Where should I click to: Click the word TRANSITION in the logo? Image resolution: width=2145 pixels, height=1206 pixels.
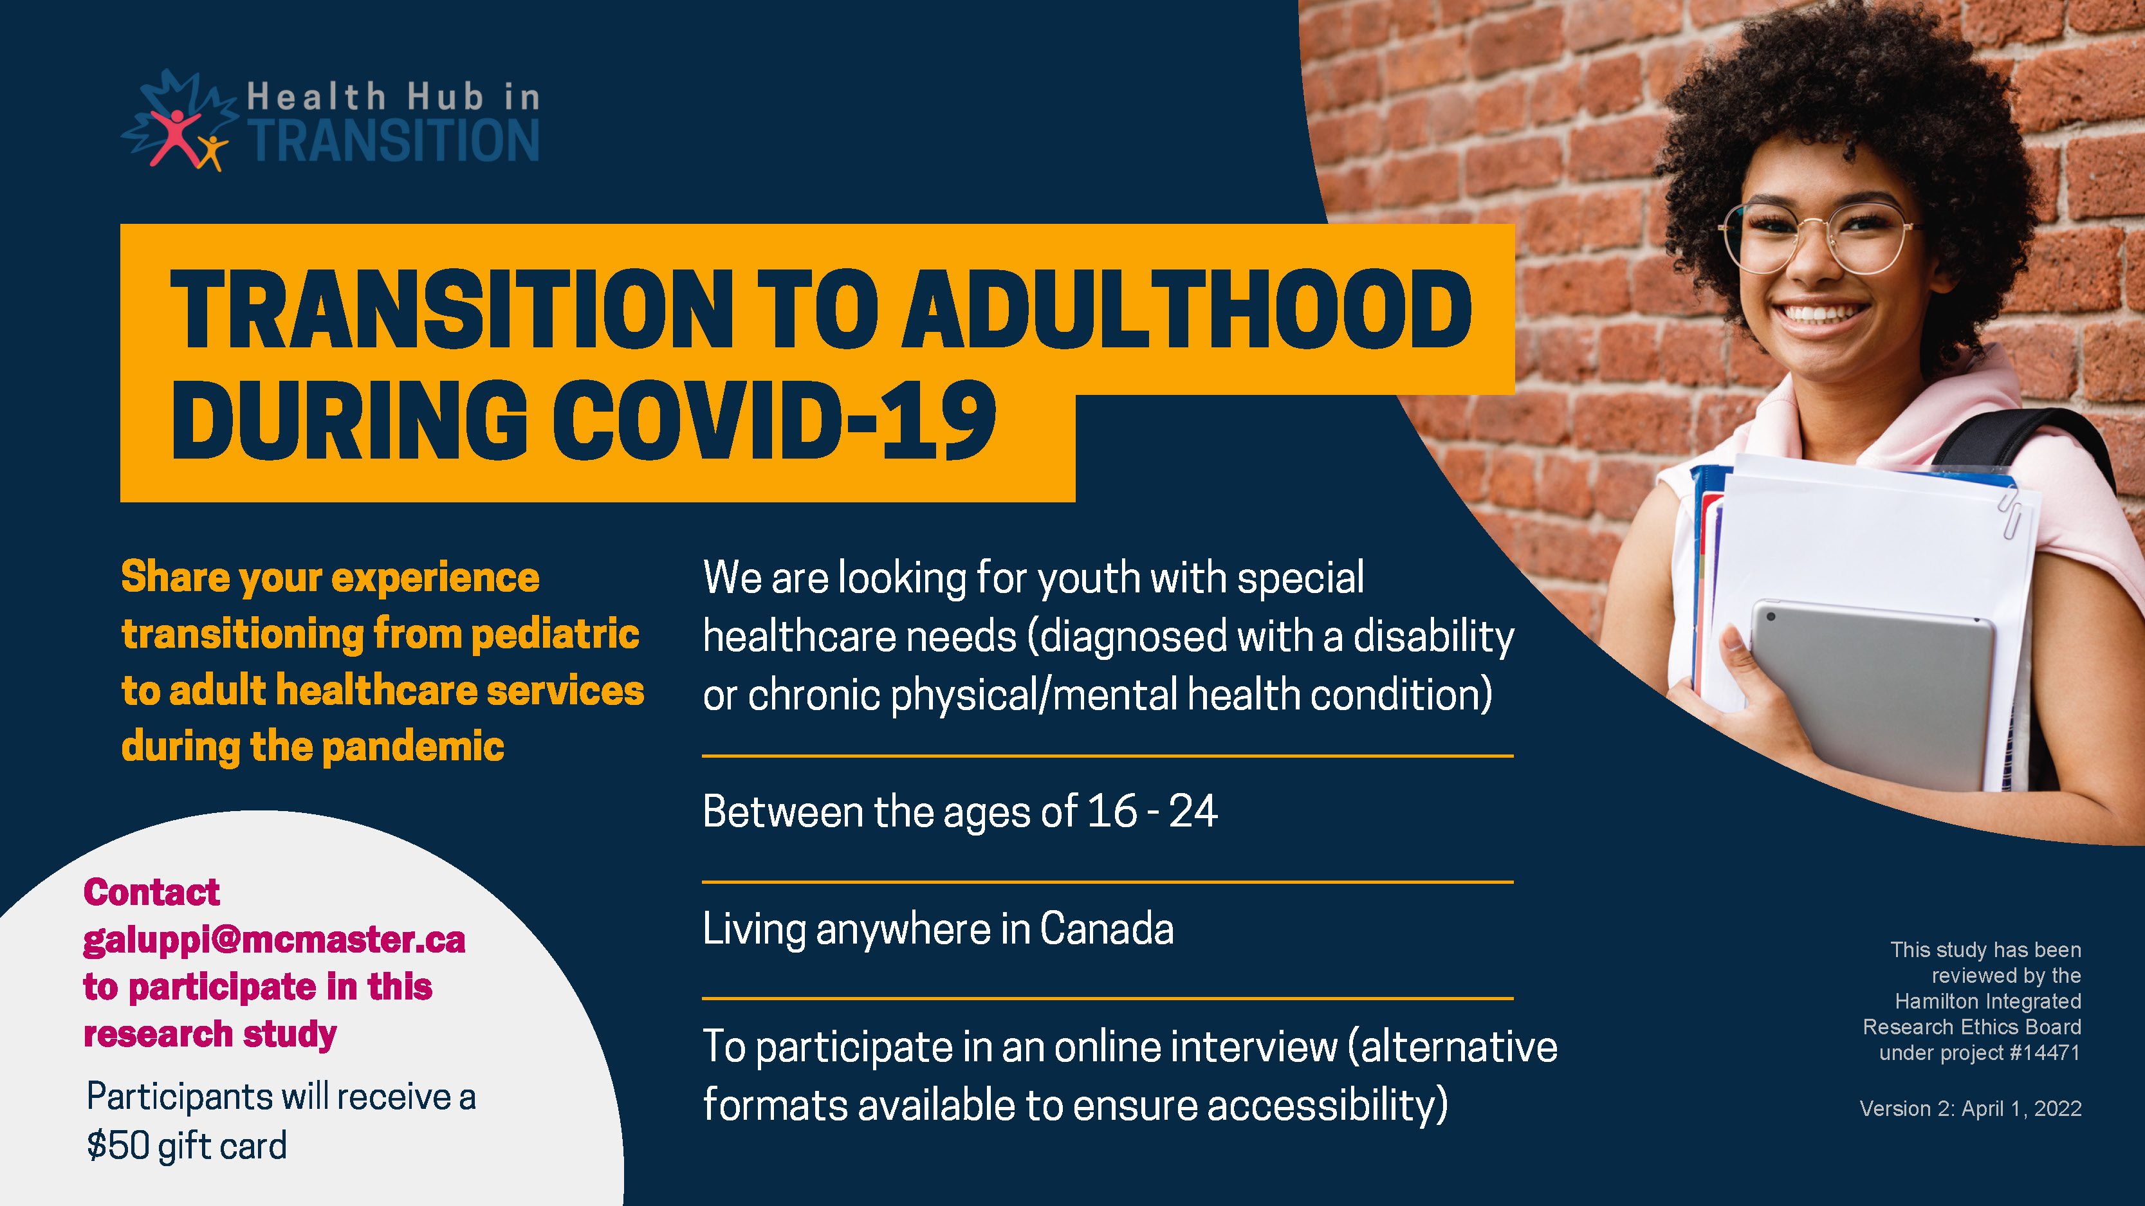[394, 140]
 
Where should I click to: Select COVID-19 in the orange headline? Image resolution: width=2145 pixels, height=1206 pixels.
[775, 419]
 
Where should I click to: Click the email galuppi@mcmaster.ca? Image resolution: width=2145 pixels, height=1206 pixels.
[274, 940]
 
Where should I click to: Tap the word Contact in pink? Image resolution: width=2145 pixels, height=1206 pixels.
[152, 892]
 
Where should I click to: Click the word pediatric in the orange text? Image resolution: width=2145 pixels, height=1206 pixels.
[555, 634]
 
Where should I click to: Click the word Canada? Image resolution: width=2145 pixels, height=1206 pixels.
[1107, 929]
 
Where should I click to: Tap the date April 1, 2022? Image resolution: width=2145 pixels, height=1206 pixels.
[2021, 1109]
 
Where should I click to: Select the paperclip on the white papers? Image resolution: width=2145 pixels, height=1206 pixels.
[2009, 511]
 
